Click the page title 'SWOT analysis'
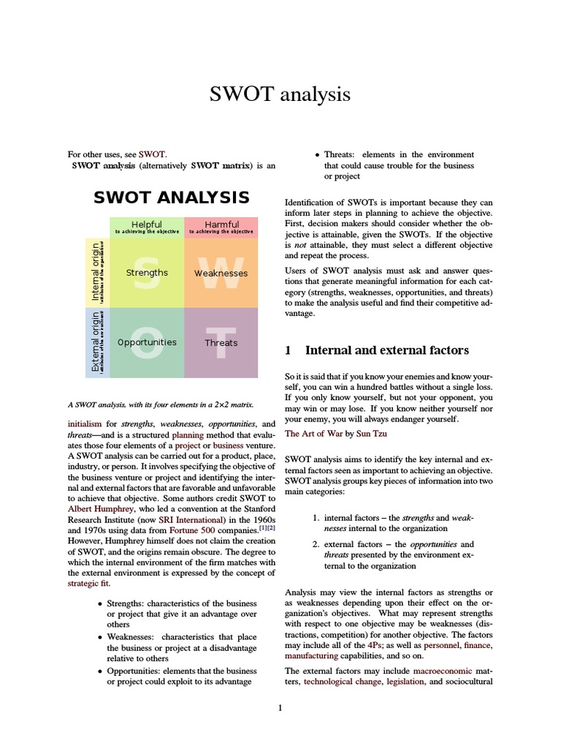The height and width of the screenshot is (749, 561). (280, 94)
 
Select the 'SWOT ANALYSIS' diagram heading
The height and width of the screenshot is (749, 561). (172, 197)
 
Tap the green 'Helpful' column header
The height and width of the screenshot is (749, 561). (147, 224)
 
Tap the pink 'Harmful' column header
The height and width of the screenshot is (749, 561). (221, 224)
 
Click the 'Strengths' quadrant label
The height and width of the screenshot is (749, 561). (147, 273)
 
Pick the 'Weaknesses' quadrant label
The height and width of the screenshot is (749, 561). (221, 274)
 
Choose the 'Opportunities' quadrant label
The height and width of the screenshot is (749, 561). (147, 342)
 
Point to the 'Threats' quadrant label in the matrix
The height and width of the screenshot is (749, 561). (221, 343)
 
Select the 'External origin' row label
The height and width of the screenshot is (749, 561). (95, 342)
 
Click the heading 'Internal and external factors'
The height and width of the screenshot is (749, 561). (386, 351)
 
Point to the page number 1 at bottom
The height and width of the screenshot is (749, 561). (280, 708)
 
